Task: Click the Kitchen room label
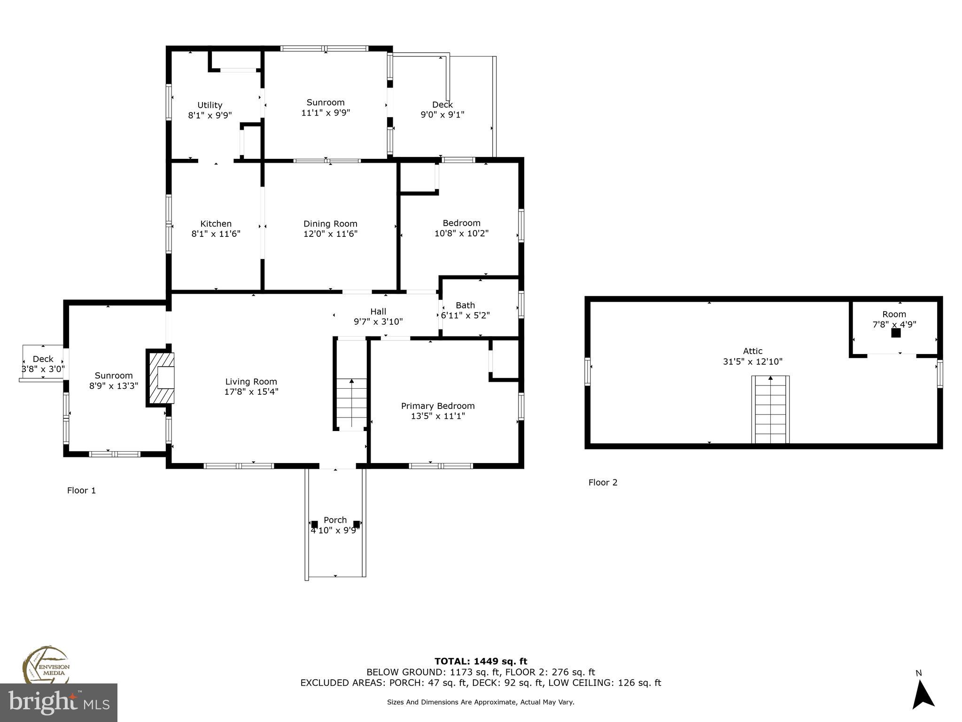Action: tap(216, 224)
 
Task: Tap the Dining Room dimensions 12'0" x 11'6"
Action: tap(330, 234)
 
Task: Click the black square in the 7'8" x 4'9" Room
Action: tap(896, 333)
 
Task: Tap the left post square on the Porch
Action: tap(314, 524)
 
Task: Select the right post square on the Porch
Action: tap(357, 524)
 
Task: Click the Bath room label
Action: tap(465, 305)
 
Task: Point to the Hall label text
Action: tap(378, 311)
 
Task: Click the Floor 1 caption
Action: tap(81, 490)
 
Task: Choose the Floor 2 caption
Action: tap(603, 482)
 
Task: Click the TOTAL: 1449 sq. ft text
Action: tap(481, 661)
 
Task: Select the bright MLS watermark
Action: tap(59, 702)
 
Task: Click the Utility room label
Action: tap(209, 105)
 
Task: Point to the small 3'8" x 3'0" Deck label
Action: tap(43, 359)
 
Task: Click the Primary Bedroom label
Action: tap(437, 406)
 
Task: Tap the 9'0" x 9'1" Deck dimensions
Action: tap(442, 114)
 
